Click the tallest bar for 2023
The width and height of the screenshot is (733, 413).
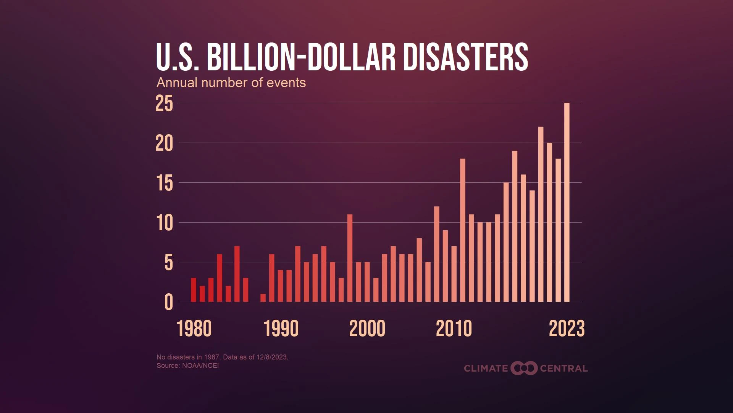[567, 203]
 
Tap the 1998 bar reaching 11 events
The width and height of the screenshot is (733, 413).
[350, 258]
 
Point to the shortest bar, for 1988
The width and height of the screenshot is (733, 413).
[263, 298]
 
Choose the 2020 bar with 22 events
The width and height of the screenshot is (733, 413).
[541, 214]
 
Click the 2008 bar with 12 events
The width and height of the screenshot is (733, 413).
[436, 254]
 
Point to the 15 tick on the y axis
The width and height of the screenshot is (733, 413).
[164, 183]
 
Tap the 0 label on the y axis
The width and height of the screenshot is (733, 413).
[168, 303]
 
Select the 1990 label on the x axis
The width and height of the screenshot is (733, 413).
[281, 329]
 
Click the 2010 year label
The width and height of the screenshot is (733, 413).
[454, 329]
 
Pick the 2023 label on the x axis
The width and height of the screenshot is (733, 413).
[567, 329]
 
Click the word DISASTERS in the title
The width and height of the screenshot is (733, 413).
[465, 57]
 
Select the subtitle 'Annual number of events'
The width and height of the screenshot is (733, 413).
[231, 83]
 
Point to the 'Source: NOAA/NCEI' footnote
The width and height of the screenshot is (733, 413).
[187, 366]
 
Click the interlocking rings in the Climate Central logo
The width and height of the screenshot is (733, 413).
[524, 368]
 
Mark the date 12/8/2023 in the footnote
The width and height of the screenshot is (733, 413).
[272, 357]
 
